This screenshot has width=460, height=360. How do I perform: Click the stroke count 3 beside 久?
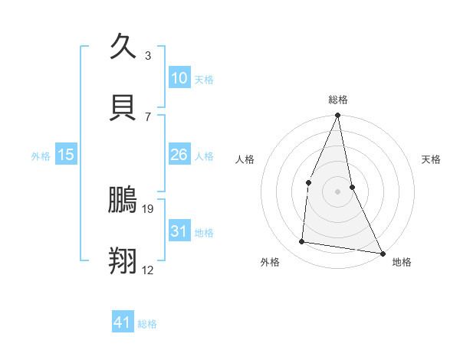(148, 55)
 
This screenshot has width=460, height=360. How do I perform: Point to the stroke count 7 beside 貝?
(148, 116)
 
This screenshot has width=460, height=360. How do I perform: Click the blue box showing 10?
(179, 78)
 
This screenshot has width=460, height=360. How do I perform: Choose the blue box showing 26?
(179, 155)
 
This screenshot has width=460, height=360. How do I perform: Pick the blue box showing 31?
(179, 231)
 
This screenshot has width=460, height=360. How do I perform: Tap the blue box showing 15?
(66, 155)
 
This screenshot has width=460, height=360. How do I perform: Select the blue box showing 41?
(123, 322)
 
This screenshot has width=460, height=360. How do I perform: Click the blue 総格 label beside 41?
(147, 324)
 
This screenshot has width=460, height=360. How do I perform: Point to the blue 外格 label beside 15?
(41, 156)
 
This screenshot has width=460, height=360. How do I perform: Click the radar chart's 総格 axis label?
(338, 100)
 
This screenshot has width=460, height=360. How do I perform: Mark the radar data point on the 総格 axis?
(337, 116)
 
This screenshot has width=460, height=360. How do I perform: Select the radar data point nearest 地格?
(382, 253)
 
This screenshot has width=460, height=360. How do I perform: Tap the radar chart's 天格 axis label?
(432, 159)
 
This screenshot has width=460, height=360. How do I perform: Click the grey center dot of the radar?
(337, 191)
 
